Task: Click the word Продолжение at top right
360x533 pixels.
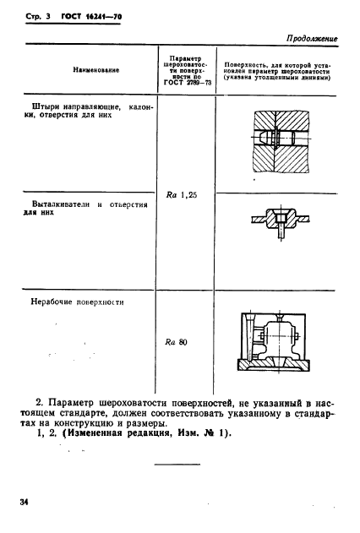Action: click(314, 38)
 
